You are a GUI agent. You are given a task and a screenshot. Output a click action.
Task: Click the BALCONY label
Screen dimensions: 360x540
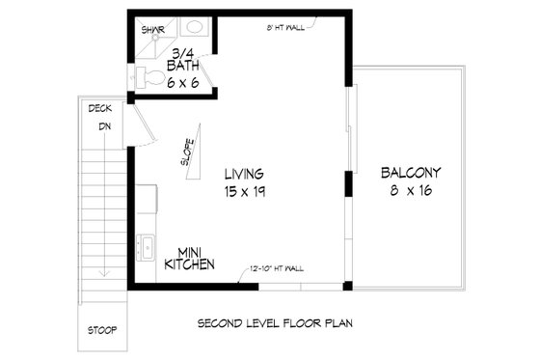click(410, 174)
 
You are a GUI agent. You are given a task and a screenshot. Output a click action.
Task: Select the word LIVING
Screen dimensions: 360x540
click(245, 174)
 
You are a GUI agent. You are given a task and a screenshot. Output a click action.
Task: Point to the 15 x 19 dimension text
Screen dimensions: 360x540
click(245, 192)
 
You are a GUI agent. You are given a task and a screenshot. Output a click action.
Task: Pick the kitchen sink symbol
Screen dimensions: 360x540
click(148, 247)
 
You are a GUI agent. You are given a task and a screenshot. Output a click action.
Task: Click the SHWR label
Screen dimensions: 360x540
click(150, 30)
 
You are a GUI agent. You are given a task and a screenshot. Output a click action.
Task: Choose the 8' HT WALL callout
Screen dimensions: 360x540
click(284, 28)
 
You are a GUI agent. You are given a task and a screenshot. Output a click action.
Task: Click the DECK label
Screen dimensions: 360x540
click(99, 108)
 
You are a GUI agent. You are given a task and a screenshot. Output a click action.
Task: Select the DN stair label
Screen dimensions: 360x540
click(102, 125)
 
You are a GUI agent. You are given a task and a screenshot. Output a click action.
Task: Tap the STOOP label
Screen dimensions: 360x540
click(101, 330)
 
